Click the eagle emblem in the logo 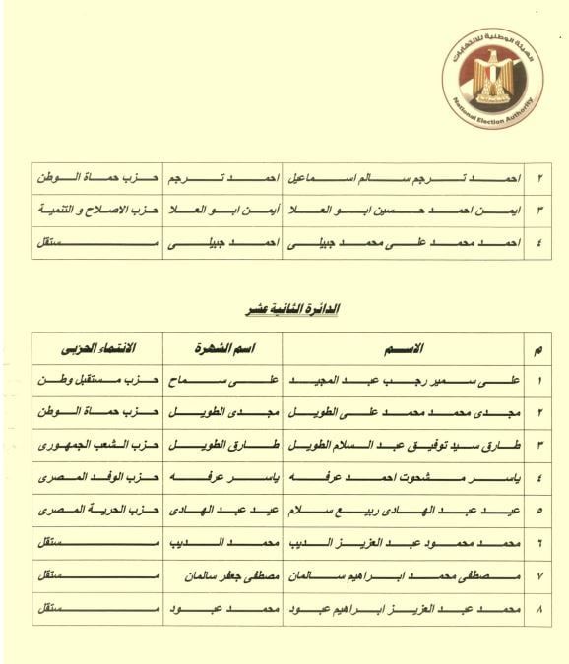pos(492,76)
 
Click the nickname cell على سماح pos(222,379)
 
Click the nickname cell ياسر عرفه pos(222,477)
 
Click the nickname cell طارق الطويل pos(222,444)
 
